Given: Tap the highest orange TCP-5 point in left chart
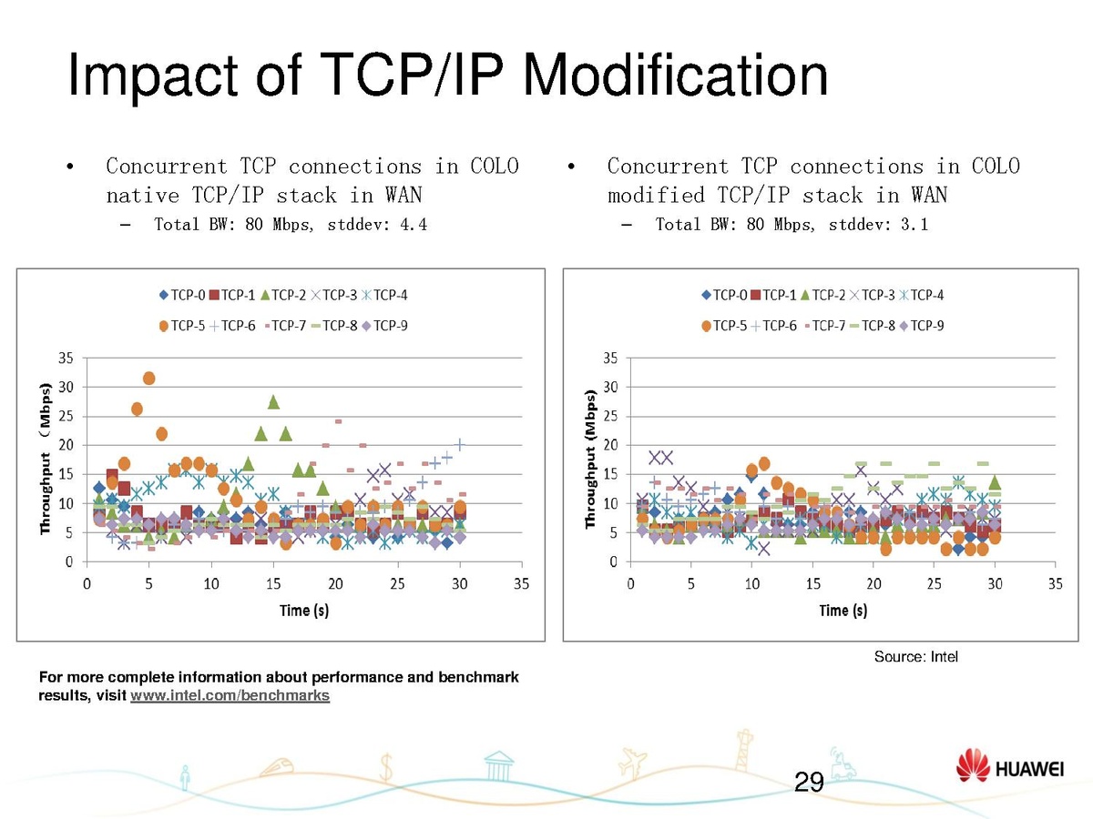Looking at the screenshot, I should tap(149, 378).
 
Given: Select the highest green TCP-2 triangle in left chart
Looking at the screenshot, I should tap(273, 401).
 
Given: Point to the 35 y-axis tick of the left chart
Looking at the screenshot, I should tap(66, 358).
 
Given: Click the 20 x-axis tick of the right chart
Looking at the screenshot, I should tap(873, 582).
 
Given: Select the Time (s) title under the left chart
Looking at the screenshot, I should tap(304, 610).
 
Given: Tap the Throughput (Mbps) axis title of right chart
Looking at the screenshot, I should tap(590, 460).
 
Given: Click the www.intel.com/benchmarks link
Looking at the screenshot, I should tap(230, 696).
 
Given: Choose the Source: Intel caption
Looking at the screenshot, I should tap(915, 657).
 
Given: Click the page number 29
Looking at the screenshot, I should tap(809, 782).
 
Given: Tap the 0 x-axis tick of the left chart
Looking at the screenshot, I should tap(87, 582).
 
